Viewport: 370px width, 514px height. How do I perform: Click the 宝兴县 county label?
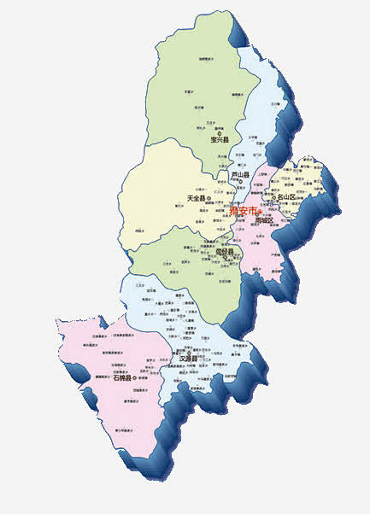click(x=220, y=140)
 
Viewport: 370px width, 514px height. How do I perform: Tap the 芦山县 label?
click(x=240, y=175)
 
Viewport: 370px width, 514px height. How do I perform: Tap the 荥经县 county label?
click(x=225, y=252)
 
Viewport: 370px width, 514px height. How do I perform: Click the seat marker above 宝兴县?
click(x=220, y=131)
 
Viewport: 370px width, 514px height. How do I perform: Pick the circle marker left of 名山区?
click(x=273, y=198)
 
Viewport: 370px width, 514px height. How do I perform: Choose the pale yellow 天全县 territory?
click(x=158, y=188)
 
